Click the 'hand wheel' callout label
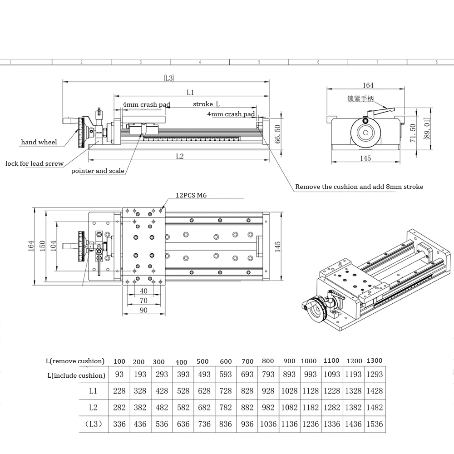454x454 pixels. pyautogui.click(x=39, y=142)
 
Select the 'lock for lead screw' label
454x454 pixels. pyautogui.click(x=35, y=163)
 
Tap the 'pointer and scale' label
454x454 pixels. pyautogui.click(x=98, y=171)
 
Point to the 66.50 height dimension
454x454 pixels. pyautogui.click(x=278, y=132)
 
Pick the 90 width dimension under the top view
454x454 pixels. pyautogui.click(x=143, y=310)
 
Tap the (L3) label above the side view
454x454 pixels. pyautogui.click(x=168, y=78)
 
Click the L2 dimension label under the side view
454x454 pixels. pyautogui.click(x=179, y=156)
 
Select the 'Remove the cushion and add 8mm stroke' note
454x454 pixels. pyautogui.click(x=359, y=187)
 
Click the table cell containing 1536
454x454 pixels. pyautogui.click(x=375, y=424)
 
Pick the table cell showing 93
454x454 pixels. pyautogui.click(x=119, y=375)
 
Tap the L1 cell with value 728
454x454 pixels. pyautogui.click(x=226, y=391)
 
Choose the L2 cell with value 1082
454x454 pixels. pyautogui.click(x=289, y=407)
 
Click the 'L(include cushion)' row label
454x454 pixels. pyautogui.click(x=76, y=375)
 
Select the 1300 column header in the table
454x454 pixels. pyautogui.click(x=374, y=360)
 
